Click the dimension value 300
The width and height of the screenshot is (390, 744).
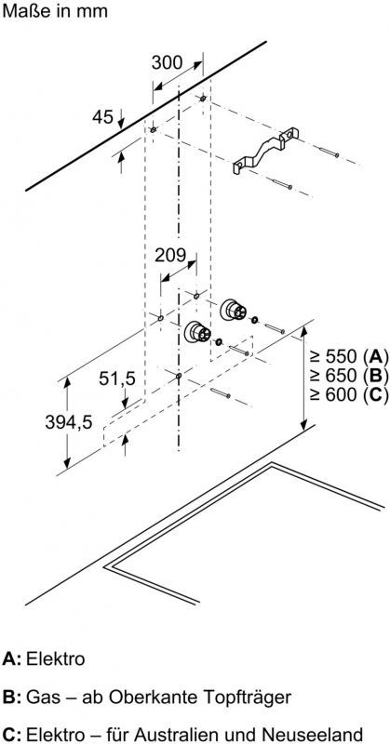pos(167,62)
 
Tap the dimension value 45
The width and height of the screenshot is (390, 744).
pos(102,117)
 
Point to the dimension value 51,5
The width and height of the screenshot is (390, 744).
pos(117,379)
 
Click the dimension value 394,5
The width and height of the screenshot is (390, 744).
pos(68,422)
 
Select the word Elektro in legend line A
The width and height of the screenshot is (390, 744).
pos(56,658)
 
